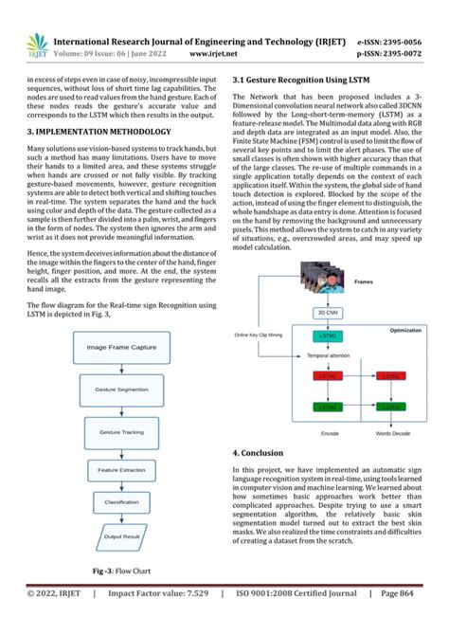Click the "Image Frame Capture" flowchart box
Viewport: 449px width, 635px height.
[122, 348]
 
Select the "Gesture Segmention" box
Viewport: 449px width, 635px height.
[120, 390]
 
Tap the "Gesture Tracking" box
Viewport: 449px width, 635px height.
[121, 431]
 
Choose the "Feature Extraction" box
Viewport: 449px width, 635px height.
[120, 469]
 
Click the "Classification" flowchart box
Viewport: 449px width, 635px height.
[120, 502]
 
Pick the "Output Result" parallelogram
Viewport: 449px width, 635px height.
[120, 537]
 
